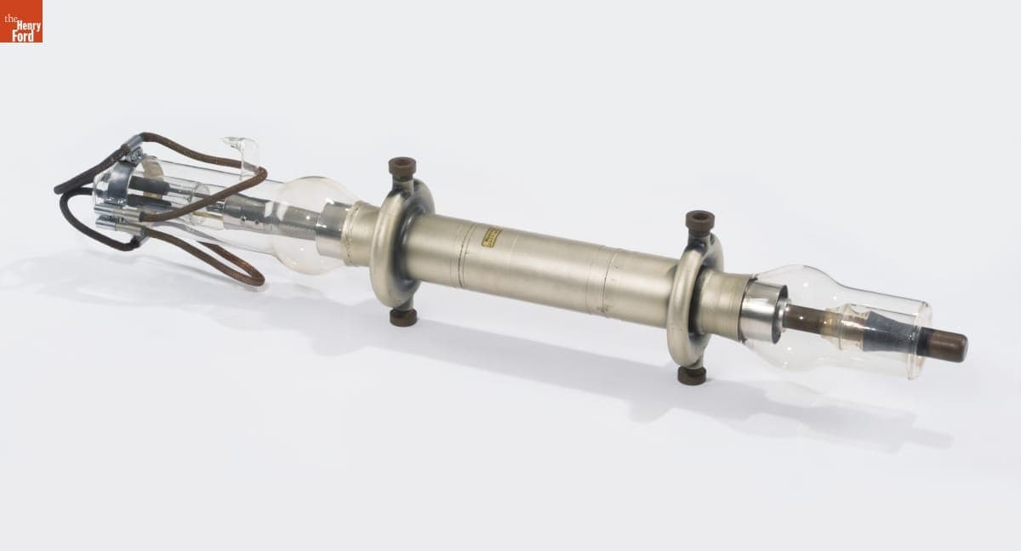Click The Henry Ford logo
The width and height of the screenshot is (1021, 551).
(x=21, y=21)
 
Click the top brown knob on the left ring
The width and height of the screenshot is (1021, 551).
(x=402, y=167)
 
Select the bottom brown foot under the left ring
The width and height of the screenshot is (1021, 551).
(x=403, y=317)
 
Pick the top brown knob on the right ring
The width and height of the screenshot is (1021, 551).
(x=699, y=221)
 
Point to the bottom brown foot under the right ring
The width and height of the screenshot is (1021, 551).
(x=692, y=375)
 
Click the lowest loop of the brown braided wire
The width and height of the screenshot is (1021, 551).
(x=247, y=276)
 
